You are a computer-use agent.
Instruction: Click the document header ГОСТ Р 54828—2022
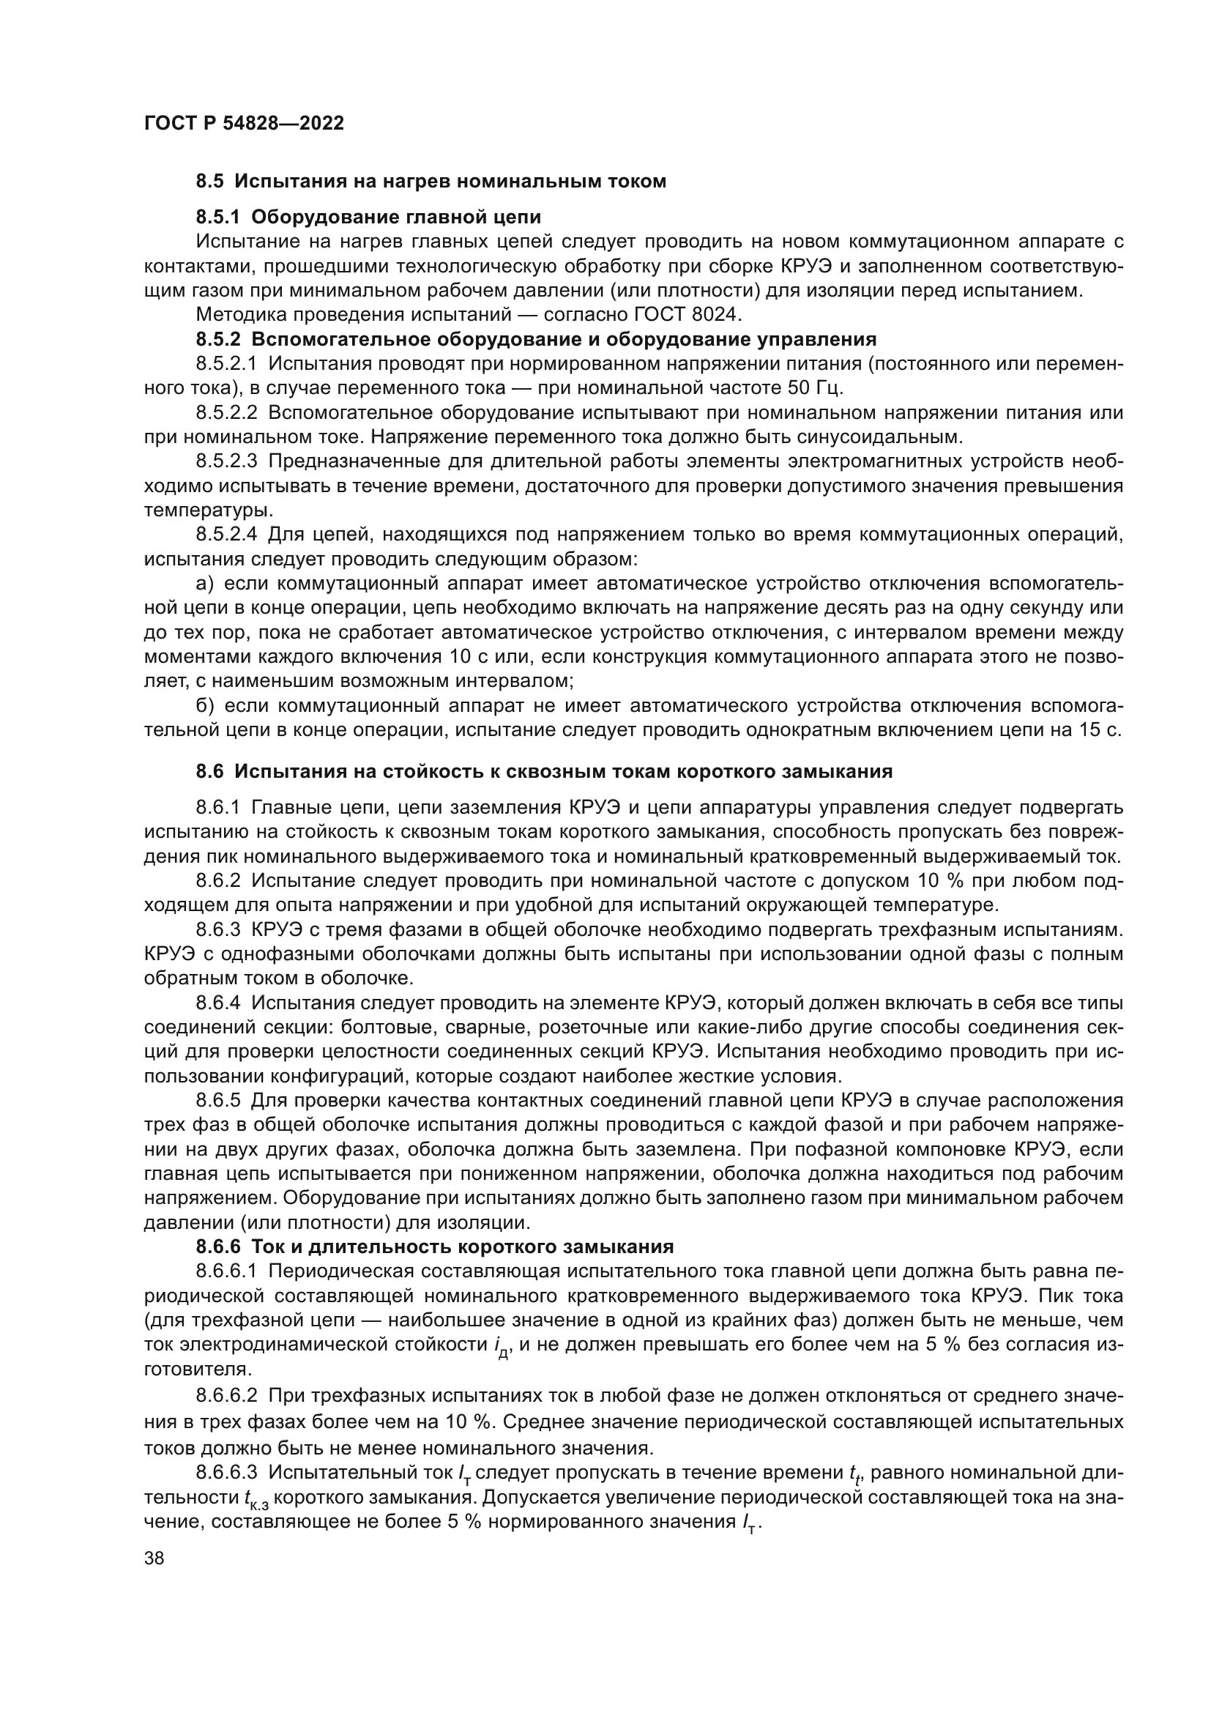pyautogui.click(x=244, y=123)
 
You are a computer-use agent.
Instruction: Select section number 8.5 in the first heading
pyautogui.click(x=209, y=182)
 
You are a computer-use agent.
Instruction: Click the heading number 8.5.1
pyautogui.click(x=218, y=217)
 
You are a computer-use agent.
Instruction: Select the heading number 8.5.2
pyautogui.click(x=218, y=340)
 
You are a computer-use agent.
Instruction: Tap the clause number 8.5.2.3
pyautogui.click(x=227, y=462)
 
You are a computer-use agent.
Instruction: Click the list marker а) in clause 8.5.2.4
pyautogui.click(x=205, y=584)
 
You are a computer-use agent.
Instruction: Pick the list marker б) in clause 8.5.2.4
pyautogui.click(x=205, y=706)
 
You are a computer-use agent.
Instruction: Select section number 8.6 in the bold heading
pyautogui.click(x=209, y=771)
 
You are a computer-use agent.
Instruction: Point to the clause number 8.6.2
pyautogui.click(x=218, y=881)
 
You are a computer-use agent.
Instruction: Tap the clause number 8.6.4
pyautogui.click(x=218, y=1003)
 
